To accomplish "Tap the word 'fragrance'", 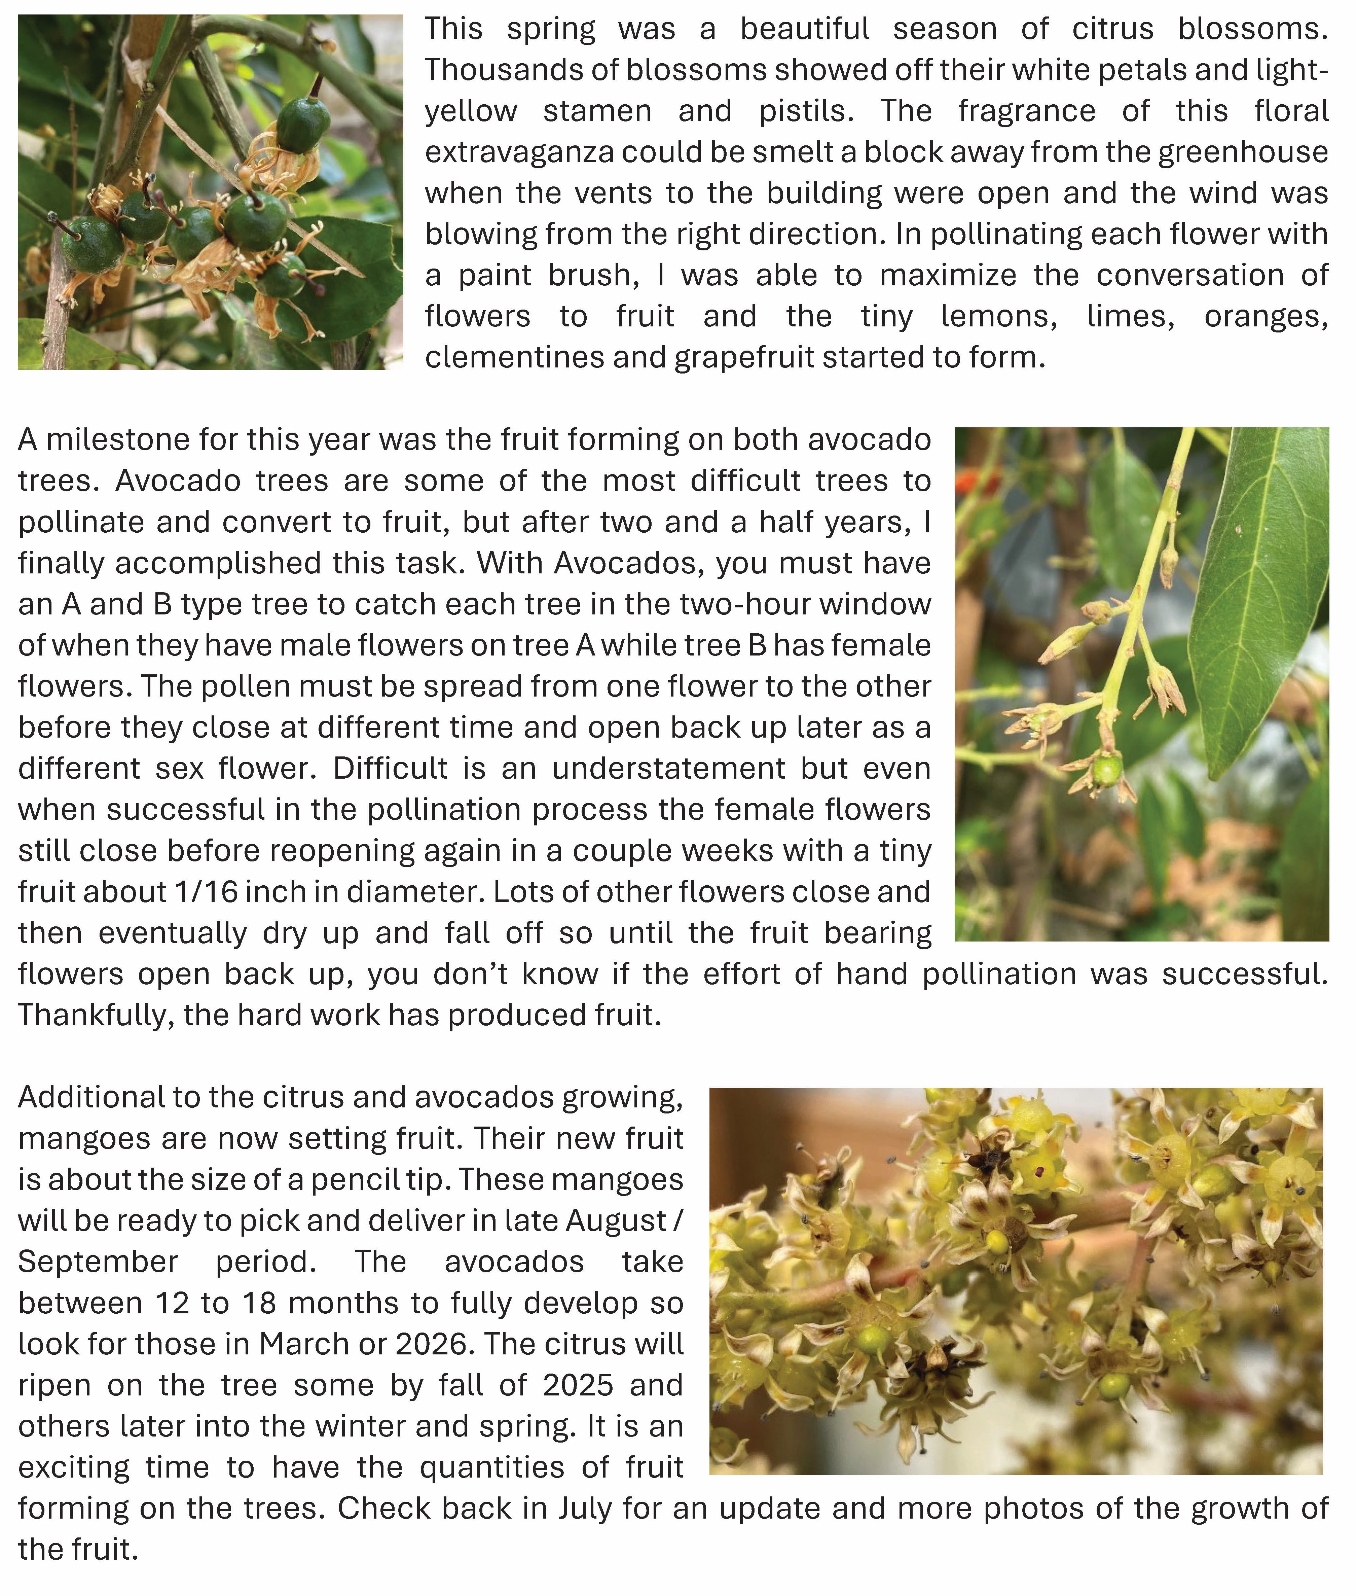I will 1026,111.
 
